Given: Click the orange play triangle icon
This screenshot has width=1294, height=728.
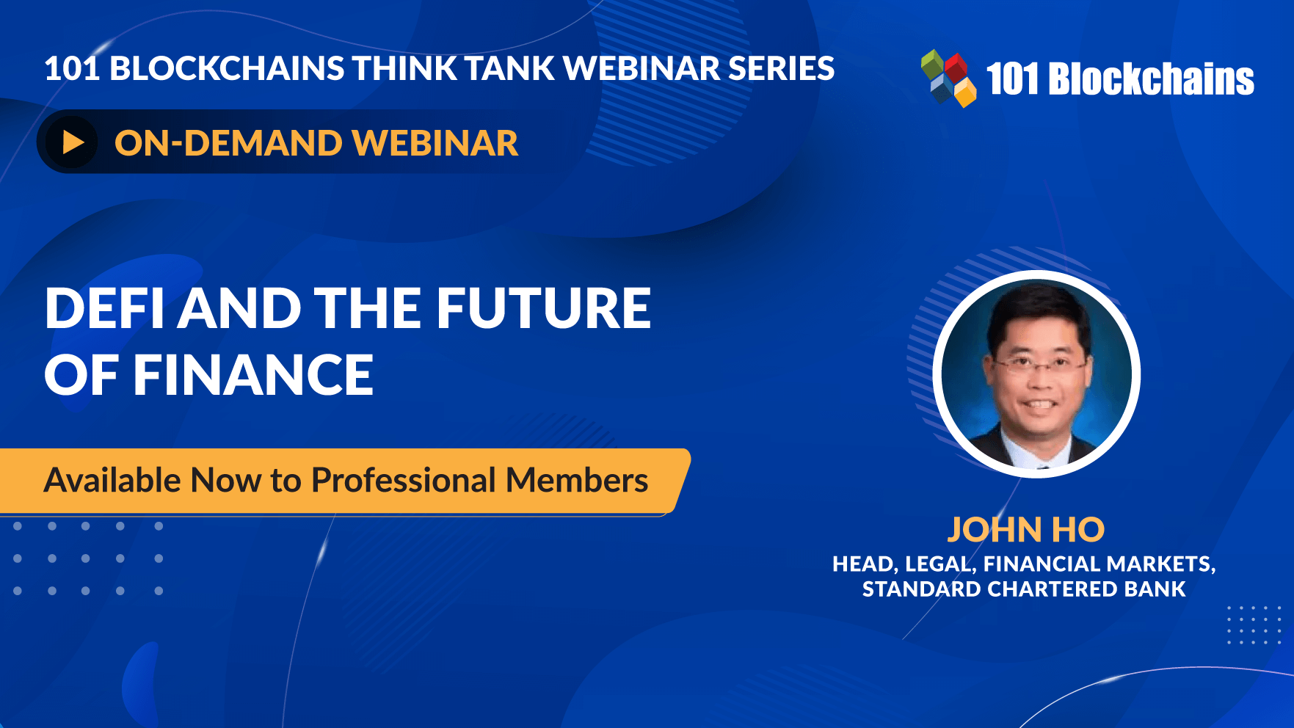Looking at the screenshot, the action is click(73, 142).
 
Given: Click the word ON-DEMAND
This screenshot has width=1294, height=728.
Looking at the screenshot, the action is click(228, 143).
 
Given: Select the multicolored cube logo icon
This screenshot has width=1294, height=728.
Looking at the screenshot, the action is click(948, 78).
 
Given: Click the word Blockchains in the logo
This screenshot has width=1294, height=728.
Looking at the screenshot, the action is click(1152, 79).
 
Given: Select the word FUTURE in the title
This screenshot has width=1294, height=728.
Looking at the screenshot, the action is click(544, 308).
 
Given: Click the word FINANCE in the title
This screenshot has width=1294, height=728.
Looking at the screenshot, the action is click(253, 375).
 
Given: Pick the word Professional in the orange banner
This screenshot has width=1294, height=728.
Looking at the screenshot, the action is click(404, 481).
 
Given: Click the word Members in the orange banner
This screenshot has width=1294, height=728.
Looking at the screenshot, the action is click(577, 481).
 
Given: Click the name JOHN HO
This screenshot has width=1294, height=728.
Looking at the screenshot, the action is click(1025, 530).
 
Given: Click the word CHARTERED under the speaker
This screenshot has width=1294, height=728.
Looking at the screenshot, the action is click(1050, 589).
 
